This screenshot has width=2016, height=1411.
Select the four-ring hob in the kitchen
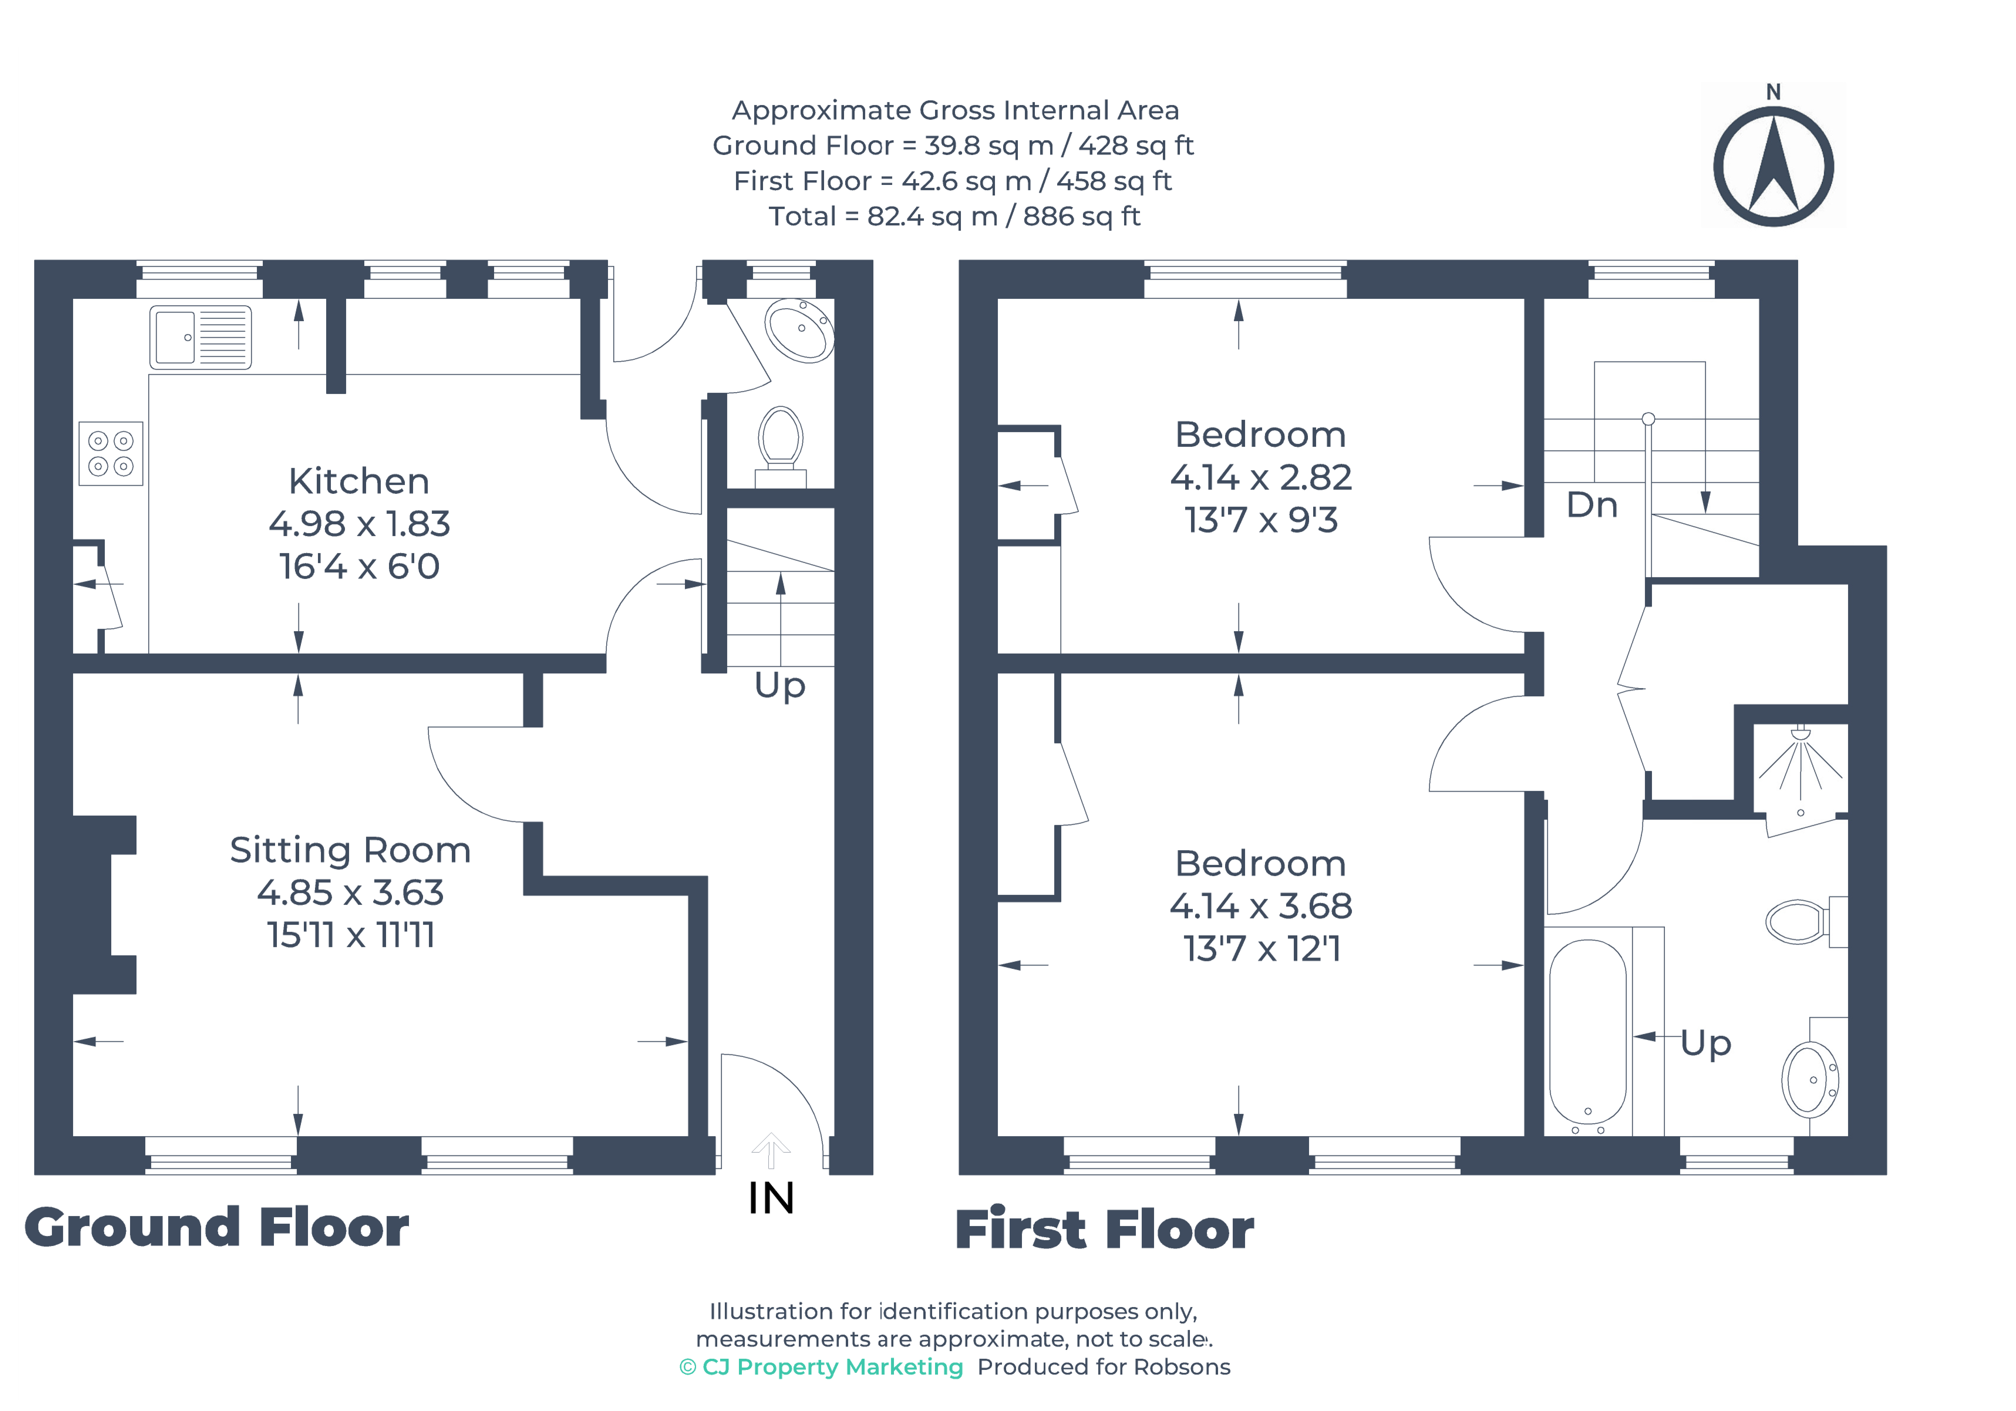pos(111,453)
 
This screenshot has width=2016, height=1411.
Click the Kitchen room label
pos(359,481)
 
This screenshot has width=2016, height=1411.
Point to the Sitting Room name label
pos(350,850)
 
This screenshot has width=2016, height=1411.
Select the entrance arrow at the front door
pos(771,1150)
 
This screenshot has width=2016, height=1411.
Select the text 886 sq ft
pos(1082,216)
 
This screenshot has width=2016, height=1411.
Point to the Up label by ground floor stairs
pos(780,686)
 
